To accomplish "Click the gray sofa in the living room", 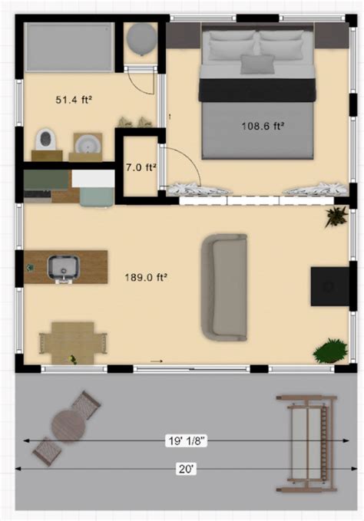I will pyautogui.click(x=223, y=287).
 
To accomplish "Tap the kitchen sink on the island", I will pyautogui.click(x=61, y=267).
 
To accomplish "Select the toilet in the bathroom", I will pyautogui.click(x=46, y=140).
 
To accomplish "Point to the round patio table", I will pyautogui.click(x=68, y=424).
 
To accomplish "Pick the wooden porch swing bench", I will pyautogui.click(x=306, y=444).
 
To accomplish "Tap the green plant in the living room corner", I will pyautogui.click(x=329, y=351).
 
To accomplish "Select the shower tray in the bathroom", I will pyautogui.click(x=69, y=47).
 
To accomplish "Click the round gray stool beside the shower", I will pyautogui.click(x=141, y=38).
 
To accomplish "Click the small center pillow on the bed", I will pyautogui.click(x=256, y=64).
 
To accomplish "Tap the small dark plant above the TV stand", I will pyautogui.click(x=335, y=216).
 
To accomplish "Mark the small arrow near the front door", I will pyautogui.click(x=157, y=361).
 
